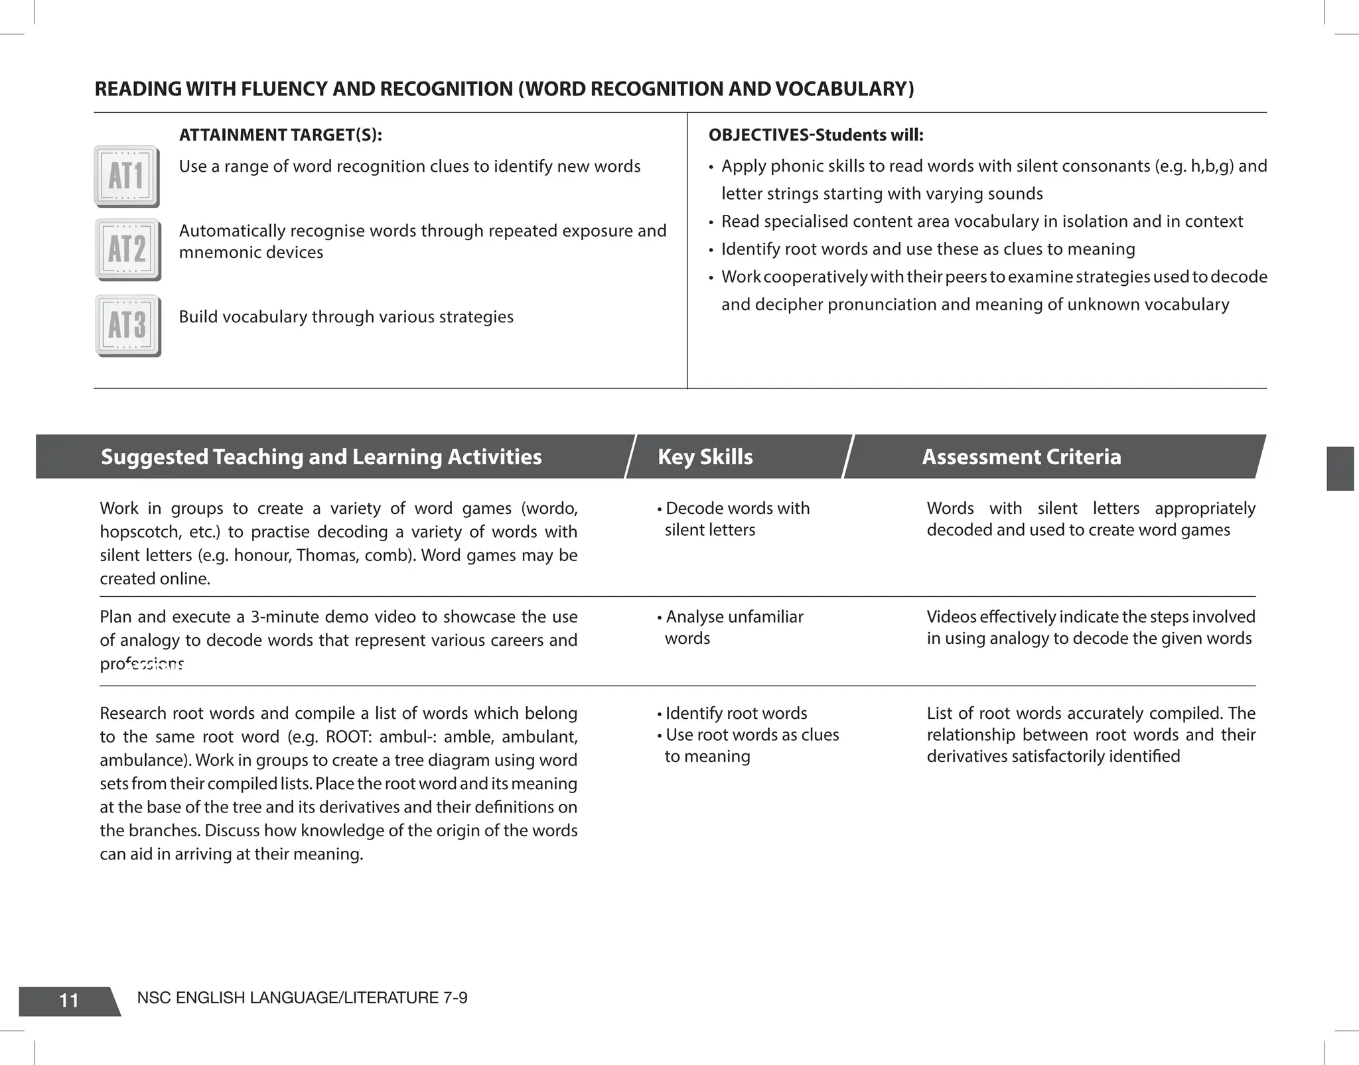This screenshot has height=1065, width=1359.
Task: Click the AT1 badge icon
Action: pos(127,176)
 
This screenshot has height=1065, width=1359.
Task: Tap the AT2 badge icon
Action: pos(127,249)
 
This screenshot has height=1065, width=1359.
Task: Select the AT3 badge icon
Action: pos(127,326)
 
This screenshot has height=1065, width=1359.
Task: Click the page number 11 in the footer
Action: pos(69,1000)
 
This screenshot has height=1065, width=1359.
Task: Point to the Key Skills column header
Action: pos(705,457)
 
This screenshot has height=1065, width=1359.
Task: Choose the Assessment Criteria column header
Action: pos(1021,457)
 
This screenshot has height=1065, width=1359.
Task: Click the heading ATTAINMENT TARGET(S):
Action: pos(280,135)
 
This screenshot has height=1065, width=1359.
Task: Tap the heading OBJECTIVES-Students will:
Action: pos(816,135)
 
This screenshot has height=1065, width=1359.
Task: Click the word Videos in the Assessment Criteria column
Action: pos(950,617)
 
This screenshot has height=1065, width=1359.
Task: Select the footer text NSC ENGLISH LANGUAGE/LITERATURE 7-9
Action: pos(302,997)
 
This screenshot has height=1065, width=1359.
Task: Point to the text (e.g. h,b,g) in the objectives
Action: pos(1194,166)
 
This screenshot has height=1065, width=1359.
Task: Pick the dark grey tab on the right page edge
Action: pos(1339,468)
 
